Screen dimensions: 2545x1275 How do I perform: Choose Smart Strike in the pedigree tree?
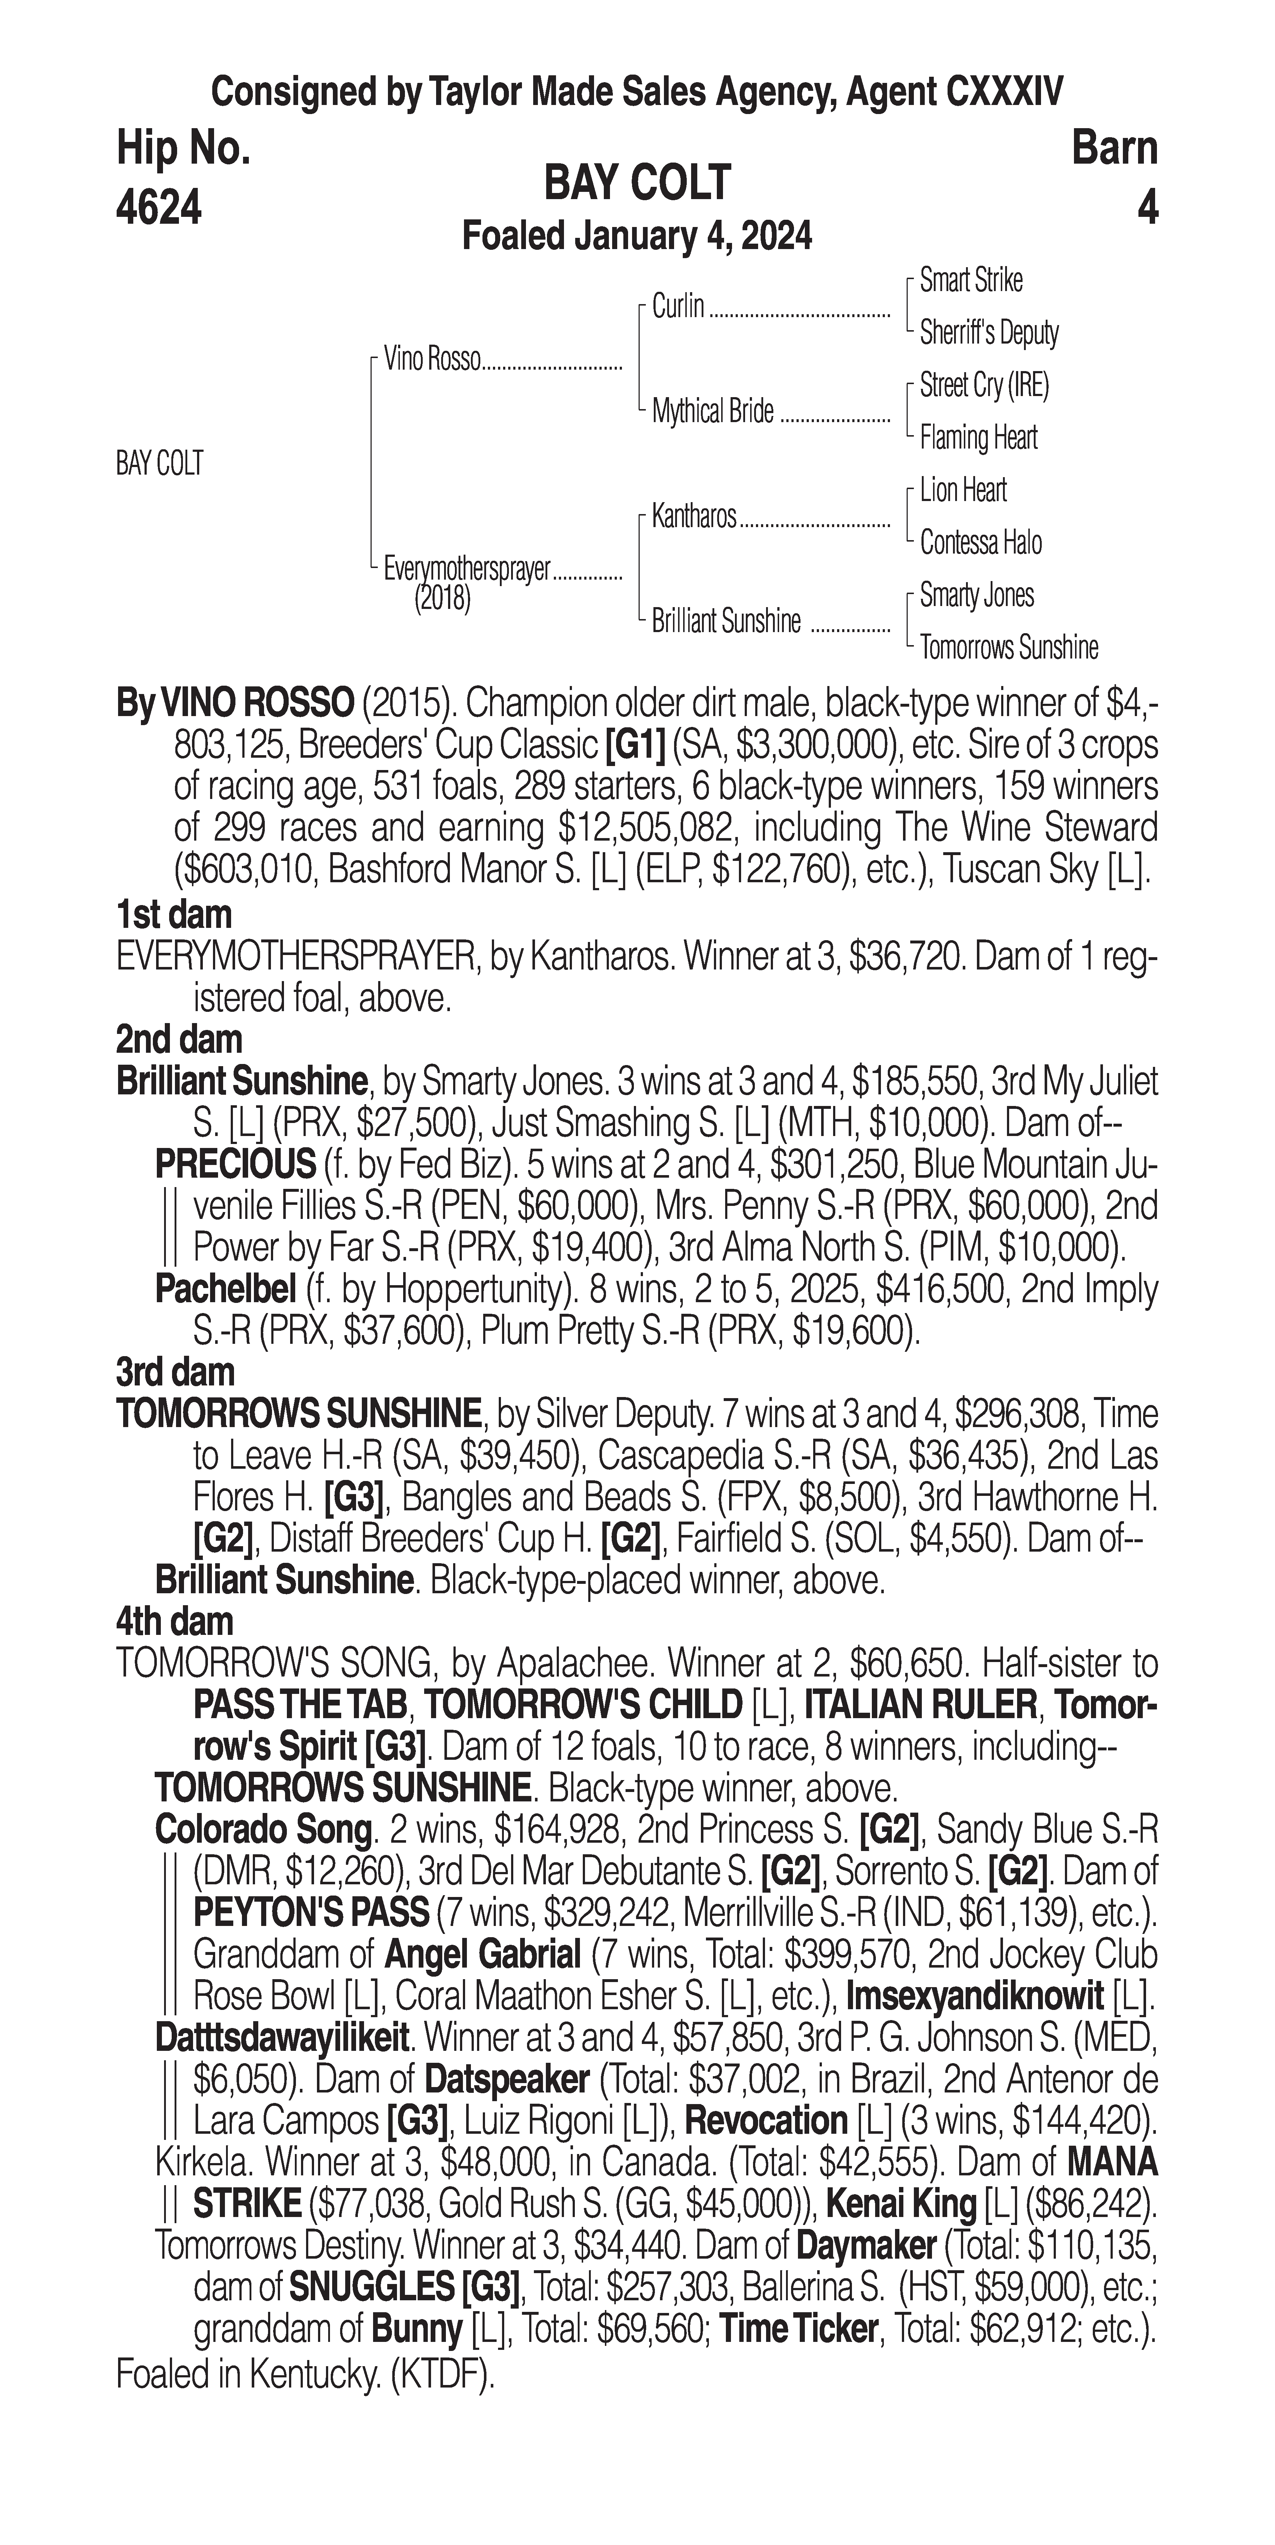click(x=971, y=281)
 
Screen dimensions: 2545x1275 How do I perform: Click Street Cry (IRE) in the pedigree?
click(x=983, y=384)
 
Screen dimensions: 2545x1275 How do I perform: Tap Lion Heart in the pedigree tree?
click(x=963, y=490)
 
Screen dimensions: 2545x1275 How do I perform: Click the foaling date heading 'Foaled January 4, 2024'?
click(x=637, y=237)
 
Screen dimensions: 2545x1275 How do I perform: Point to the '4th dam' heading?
click(x=175, y=1622)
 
